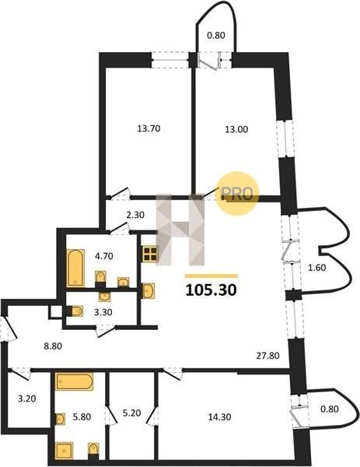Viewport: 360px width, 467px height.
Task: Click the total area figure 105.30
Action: [211, 290]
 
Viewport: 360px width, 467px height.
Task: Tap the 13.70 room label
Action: [149, 128]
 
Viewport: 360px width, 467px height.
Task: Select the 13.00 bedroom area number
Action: [236, 129]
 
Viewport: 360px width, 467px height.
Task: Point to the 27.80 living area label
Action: [267, 356]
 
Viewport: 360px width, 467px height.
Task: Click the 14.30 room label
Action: [219, 417]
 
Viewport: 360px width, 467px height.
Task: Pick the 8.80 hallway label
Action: [53, 346]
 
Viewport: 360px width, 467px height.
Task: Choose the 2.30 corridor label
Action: [135, 215]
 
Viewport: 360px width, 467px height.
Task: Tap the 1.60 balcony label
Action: [317, 268]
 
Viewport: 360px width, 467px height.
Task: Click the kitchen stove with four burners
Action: [150, 254]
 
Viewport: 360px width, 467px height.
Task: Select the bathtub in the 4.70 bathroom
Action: [75, 268]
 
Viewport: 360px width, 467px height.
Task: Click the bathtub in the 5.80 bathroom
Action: [74, 381]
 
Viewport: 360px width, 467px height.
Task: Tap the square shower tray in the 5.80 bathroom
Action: [64, 451]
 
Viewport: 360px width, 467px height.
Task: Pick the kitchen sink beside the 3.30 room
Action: [149, 290]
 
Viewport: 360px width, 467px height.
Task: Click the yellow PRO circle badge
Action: [237, 194]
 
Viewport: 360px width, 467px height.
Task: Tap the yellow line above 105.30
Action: [211, 276]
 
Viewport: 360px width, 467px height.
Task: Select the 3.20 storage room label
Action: [27, 399]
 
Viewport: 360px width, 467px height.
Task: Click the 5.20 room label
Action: [132, 413]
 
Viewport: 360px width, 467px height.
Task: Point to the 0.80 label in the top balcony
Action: [216, 36]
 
